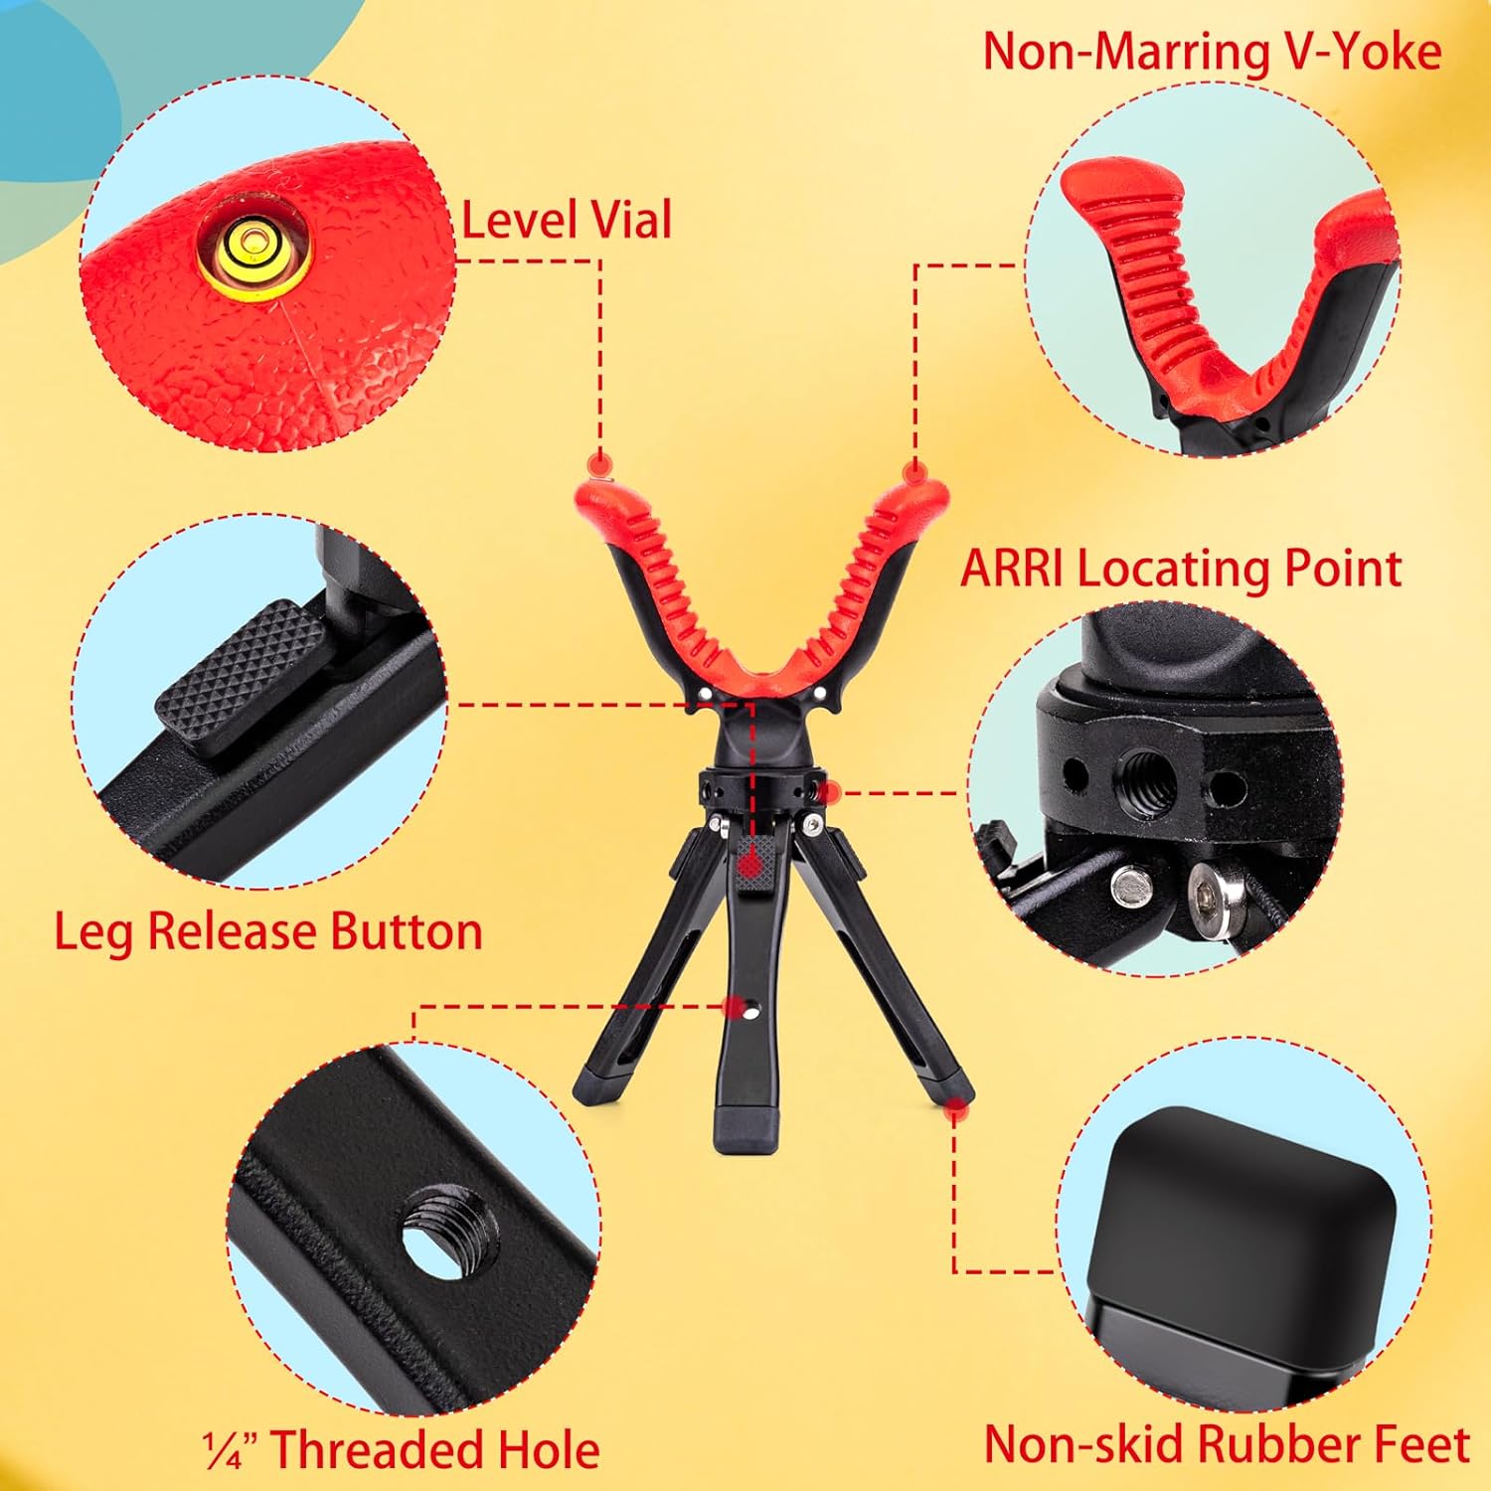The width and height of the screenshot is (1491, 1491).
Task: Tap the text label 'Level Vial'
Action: (567, 220)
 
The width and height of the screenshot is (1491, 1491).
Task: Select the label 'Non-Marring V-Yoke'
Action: (1212, 51)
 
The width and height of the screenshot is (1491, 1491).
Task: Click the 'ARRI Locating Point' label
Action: (1180, 569)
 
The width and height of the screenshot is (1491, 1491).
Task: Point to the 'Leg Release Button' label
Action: (268, 931)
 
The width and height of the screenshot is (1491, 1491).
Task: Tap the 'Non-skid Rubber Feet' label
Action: (1227, 1444)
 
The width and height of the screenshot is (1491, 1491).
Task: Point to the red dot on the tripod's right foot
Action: (956, 1102)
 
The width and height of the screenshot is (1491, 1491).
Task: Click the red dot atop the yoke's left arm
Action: (599, 463)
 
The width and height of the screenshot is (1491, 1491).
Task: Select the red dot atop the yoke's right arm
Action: (912, 469)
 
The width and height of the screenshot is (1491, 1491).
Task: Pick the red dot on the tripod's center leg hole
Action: (735, 1008)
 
